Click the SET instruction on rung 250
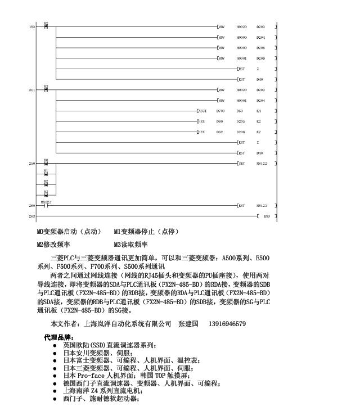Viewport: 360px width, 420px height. coord(242,164)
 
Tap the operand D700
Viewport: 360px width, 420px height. coord(220,111)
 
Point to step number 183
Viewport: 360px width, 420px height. coord(31,26)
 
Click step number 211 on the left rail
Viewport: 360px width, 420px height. coord(31,90)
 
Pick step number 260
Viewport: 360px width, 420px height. coord(31,206)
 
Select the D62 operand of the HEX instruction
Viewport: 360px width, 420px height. coord(219,132)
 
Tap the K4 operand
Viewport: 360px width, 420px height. coord(258,111)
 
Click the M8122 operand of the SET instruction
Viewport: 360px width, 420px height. coord(262,164)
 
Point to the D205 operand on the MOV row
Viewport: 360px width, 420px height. coord(260,48)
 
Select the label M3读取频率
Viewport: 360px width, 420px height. coord(130,245)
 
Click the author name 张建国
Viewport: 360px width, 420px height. coord(189,324)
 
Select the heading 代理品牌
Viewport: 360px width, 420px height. coord(58,337)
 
